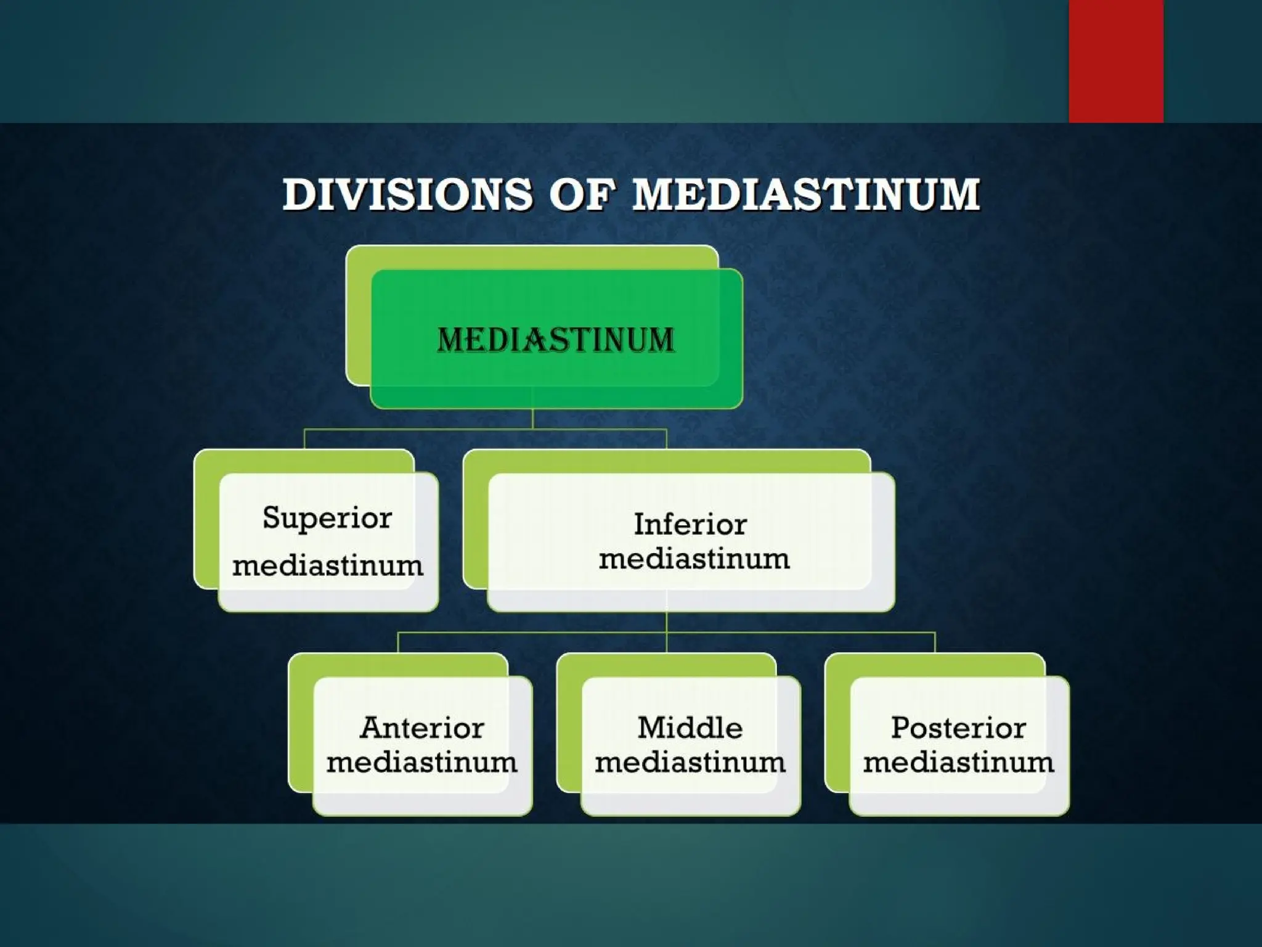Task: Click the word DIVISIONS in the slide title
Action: tap(407, 194)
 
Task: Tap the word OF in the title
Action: tap(582, 194)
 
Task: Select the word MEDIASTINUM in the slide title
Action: tap(806, 194)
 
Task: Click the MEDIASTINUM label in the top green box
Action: tap(556, 340)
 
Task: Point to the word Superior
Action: tap(327, 518)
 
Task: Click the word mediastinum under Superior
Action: tap(328, 565)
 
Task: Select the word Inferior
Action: tap(690, 525)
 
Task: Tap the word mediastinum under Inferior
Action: tap(694, 559)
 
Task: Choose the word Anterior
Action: tap(422, 728)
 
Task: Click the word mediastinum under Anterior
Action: tap(422, 763)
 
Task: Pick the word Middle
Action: tap(690, 728)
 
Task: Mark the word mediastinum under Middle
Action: tap(690, 763)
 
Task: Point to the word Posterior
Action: tap(958, 728)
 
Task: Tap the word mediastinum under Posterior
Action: tap(958, 763)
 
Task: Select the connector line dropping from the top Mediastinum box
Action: tap(532, 419)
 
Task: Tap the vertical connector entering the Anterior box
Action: tap(398, 642)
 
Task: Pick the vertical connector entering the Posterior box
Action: tap(935, 642)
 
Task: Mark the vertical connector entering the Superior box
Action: tap(304, 439)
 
